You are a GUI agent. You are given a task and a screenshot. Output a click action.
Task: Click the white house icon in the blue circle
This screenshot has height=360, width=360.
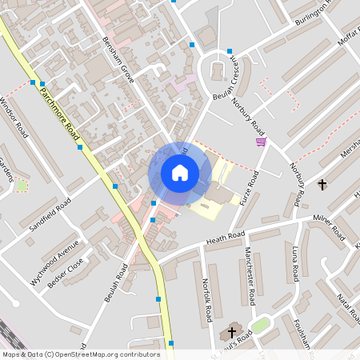[x=180, y=172]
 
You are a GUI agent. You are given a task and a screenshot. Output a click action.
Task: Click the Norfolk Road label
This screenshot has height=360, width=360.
[x=206, y=296]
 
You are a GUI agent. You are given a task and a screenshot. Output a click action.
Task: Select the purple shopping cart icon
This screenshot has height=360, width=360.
[x=261, y=142]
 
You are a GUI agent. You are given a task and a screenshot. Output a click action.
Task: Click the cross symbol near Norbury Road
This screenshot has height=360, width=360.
[x=322, y=185]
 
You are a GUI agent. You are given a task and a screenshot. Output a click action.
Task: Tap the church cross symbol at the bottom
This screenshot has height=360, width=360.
[x=233, y=332]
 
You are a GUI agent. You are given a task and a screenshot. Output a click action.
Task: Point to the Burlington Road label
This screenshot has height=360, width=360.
[x=312, y=10]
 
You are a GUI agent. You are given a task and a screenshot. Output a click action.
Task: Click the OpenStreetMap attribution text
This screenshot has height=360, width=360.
[x=80, y=354]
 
